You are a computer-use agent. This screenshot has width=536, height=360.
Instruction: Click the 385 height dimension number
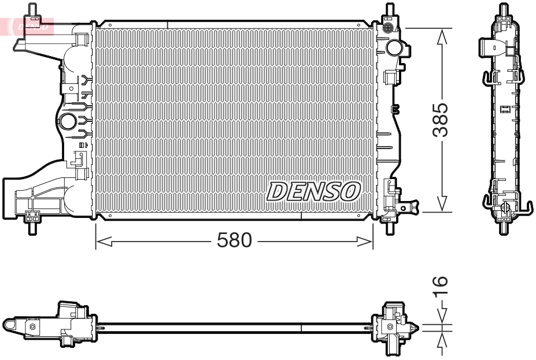coord(441,120)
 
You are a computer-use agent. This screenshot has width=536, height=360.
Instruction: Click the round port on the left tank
coord(68,122)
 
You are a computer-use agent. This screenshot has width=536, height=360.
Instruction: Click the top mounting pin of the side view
coord(504,10)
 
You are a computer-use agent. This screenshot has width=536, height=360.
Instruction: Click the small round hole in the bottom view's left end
coord(32,327)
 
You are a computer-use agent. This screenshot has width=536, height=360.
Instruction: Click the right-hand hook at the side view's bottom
coord(527,206)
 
